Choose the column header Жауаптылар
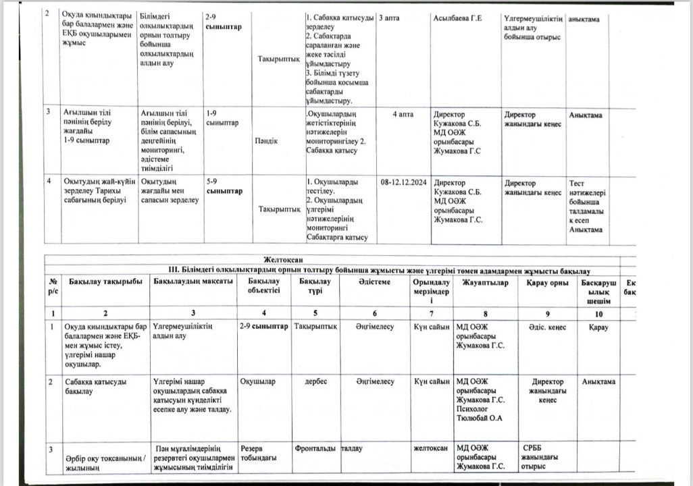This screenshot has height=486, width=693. click(x=486, y=281)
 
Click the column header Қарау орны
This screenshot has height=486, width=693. click(x=547, y=281)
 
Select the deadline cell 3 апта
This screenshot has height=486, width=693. click(x=390, y=18)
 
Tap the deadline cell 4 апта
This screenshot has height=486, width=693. click(x=403, y=115)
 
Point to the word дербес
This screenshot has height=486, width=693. click(x=316, y=381)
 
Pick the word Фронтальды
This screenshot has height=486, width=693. click(x=316, y=448)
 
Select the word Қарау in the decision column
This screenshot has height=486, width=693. click(x=598, y=327)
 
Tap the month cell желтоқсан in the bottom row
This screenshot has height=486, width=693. click(x=432, y=448)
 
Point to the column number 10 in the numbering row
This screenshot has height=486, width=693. click(x=598, y=313)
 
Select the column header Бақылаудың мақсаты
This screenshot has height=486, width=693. click(x=194, y=281)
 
